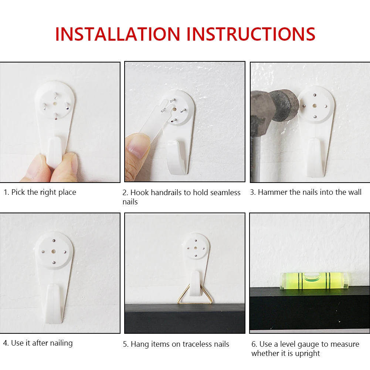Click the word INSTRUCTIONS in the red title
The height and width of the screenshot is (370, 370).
[251, 34]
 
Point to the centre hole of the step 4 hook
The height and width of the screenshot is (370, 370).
[54, 251]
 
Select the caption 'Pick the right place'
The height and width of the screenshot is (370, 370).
[40, 192]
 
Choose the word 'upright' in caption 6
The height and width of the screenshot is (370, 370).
[305, 353]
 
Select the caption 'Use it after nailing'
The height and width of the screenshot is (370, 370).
[38, 343]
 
